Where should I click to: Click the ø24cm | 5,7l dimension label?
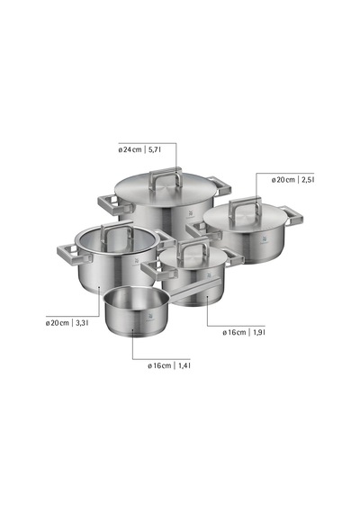pos(139,149)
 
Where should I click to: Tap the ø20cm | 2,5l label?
pos(292,180)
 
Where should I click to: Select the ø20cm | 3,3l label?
pos(67,323)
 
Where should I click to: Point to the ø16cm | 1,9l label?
pos(244,332)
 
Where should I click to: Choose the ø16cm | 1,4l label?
pos(169,365)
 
